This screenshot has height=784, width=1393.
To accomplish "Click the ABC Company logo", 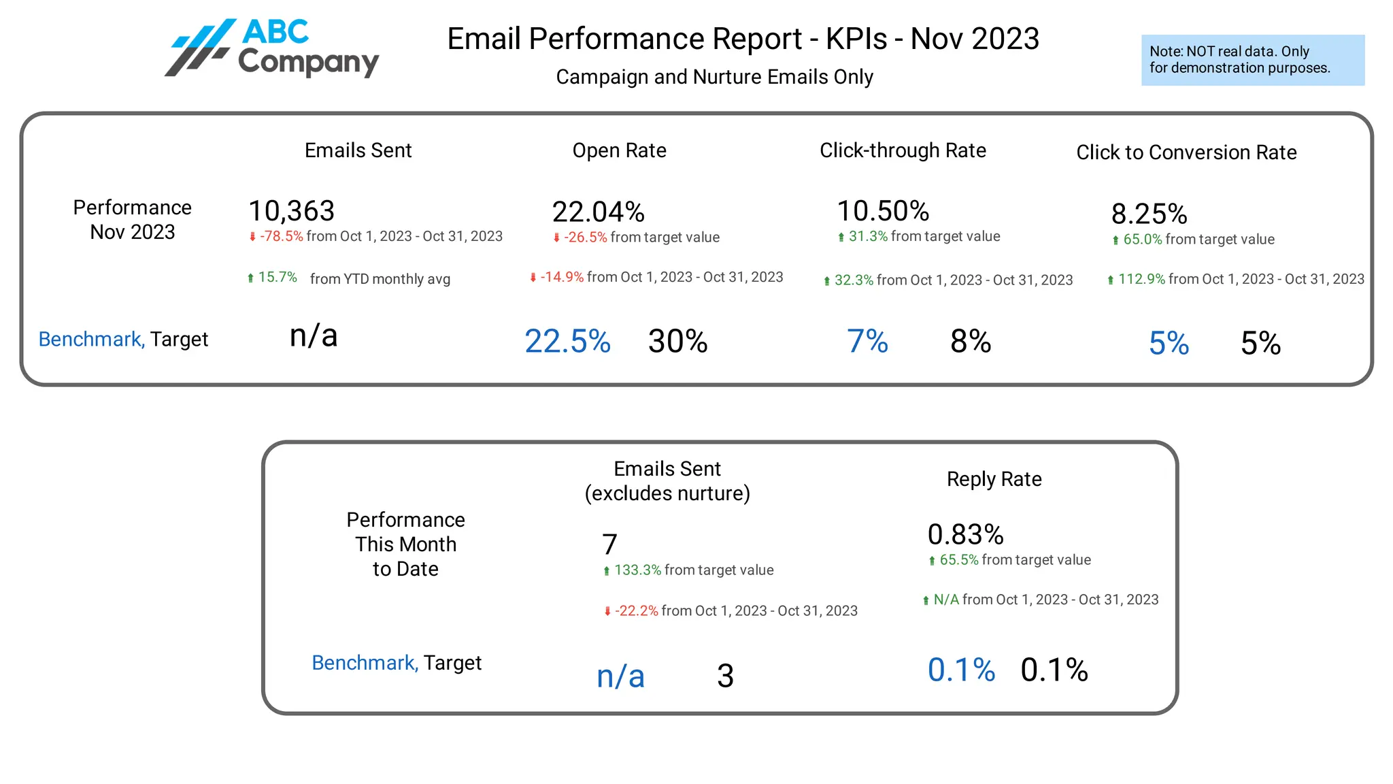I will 272,48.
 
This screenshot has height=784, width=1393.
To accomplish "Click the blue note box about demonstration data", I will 1252,60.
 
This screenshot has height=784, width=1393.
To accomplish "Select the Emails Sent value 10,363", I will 291,211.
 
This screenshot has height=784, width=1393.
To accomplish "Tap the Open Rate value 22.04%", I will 598,212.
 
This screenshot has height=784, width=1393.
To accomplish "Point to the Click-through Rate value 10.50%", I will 883,211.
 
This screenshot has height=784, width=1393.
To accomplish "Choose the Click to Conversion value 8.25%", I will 1149,214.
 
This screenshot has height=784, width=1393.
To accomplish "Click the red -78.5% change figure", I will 281,236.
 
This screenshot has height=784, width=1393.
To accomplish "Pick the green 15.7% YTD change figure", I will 278,278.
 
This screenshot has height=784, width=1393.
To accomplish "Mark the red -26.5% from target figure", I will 585,238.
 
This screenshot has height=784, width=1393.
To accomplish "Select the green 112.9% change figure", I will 1141,279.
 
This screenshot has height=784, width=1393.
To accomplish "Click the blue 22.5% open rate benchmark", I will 567,341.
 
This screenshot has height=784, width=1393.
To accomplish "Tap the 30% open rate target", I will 677,341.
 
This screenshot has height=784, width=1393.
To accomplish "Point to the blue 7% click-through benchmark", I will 867,341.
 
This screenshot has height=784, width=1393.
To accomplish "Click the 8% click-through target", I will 971,341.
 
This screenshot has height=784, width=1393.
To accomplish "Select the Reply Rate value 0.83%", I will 965,534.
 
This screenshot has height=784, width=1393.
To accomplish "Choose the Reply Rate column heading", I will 994,479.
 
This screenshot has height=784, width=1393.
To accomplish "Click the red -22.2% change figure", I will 636,611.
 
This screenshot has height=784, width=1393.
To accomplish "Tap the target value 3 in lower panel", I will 725,676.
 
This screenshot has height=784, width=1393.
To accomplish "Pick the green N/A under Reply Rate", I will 945,600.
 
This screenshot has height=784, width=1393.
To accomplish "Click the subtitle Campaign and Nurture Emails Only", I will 714,77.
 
